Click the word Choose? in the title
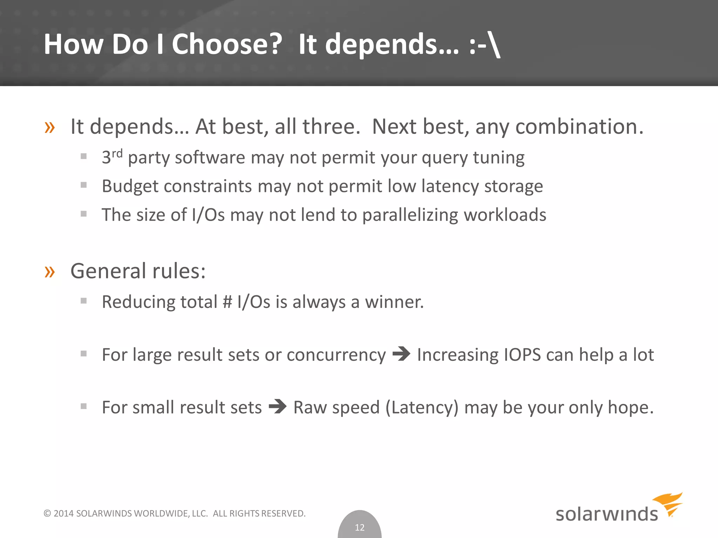click(x=227, y=44)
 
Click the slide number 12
click(x=360, y=527)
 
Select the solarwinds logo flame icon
click(x=669, y=504)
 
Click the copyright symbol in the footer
click(x=47, y=513)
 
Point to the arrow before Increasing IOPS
click(x=401, y=354)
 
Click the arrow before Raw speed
click(x=277, y=406)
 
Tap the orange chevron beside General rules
click(x=50, y=271)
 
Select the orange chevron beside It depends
click(x=50, y=127)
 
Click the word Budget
click(x=130, y=186)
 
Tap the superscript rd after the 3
click(x=117, y=153)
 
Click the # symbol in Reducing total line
click(x=228, y=302)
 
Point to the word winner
click(x=394, y=302)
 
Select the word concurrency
click(x=336, y=355)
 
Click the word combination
click(x=579, y=126)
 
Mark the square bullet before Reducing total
click(x=83, y=301)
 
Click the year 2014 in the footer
click(x=63, y=513)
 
